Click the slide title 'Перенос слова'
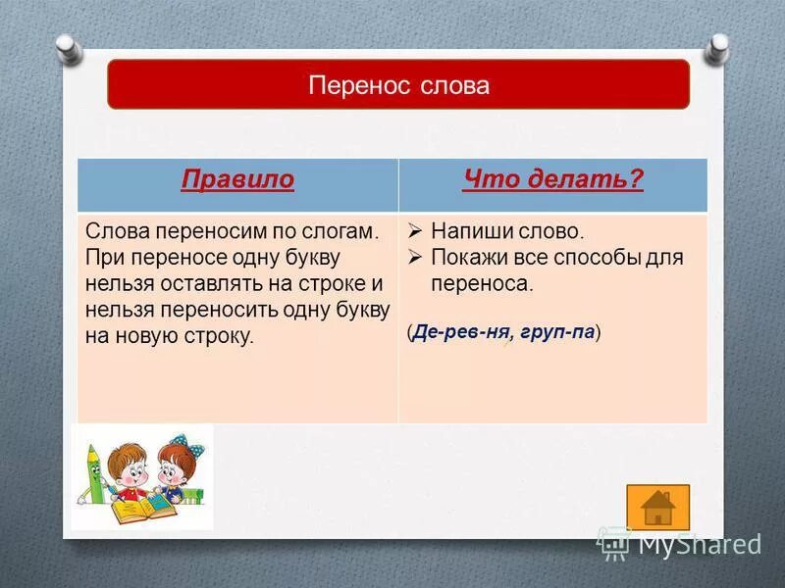pyautogui.click(x=398, y=85)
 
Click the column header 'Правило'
pyautogui.click(x=237, y=180)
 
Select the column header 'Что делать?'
pyautogui.click(x=552, y=180)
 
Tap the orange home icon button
pyautogui.click(x=657, y=507)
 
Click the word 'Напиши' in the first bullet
pyautogui.click(x=466, y=232)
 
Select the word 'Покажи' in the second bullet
pyautogui.click(x=468, y=258)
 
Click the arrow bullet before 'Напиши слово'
pyautogui.click(x=415, y=232)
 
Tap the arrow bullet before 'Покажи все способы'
pyautogui.click(x=415, y=258)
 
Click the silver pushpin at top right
pyautogui.click(x=719, y=44)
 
